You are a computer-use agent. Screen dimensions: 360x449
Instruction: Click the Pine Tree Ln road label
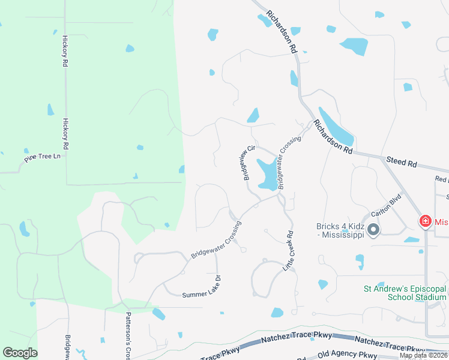pyautogui.click(x=43, y=158)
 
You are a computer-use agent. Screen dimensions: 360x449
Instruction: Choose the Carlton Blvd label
pyautogui.click(x=385, y=208)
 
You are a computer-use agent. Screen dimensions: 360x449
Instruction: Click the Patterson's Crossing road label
pyautogui.click(x=128, y=336)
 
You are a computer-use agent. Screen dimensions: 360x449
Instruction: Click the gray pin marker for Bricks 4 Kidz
pyautogui.click(x=373, y=230)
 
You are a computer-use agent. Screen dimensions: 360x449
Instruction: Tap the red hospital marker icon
pyautogui.click(x=425, y=221)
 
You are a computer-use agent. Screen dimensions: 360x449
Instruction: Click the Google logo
pyautogui.click(x=20, y=353)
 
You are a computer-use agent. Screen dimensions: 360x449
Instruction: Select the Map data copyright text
pyautogui.click(x=423, y=355)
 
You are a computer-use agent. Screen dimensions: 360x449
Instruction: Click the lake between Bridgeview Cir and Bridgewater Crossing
pyautogui.click(x=266, y=174)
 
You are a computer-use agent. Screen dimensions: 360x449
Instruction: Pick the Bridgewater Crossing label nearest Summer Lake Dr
pyautogui.click(x=216, y=240)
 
